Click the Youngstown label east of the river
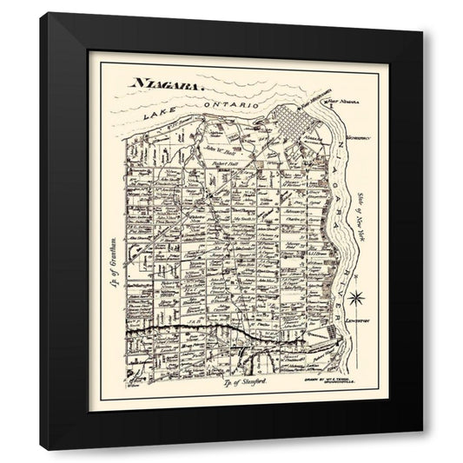coord(357,138)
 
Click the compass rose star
coord(355,299)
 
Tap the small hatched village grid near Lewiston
coord(332,334)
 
